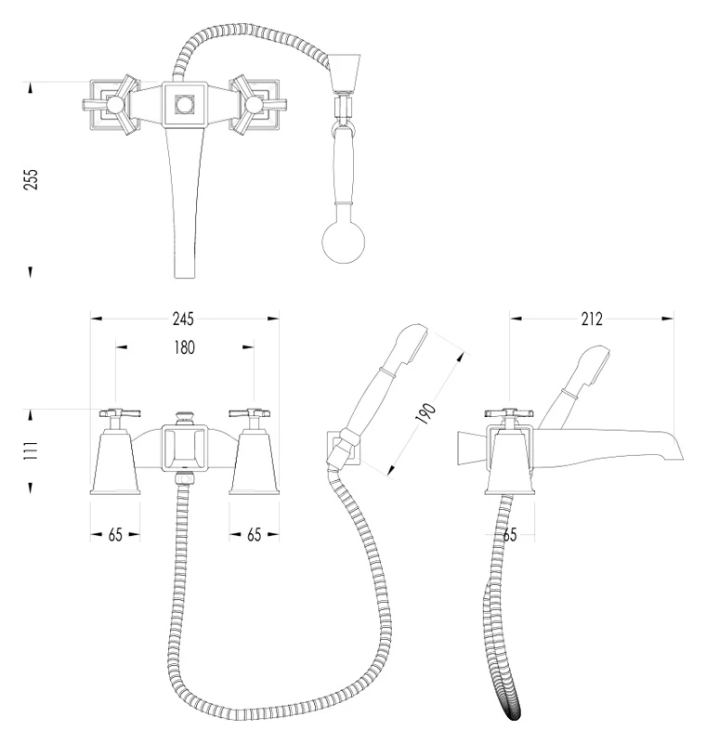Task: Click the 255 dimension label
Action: [31, 179]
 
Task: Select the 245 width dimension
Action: [183, 319]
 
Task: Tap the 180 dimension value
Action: [184, 347]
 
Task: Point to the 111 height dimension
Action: [31, 450]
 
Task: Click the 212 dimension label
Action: [592, 319]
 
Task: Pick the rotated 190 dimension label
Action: [425, 413]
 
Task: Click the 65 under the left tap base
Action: [115, 535]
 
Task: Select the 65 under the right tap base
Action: [254, 535]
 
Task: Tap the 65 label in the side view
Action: [509, 535]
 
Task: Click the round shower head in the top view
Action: [344, 241]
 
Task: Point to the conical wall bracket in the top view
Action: [345, 73]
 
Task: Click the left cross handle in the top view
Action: [112, 105]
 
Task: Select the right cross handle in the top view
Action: [256, 105]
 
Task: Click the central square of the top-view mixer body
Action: [184, 105]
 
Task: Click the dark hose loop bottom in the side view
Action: [513, 711]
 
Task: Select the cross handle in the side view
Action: [509, 413]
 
